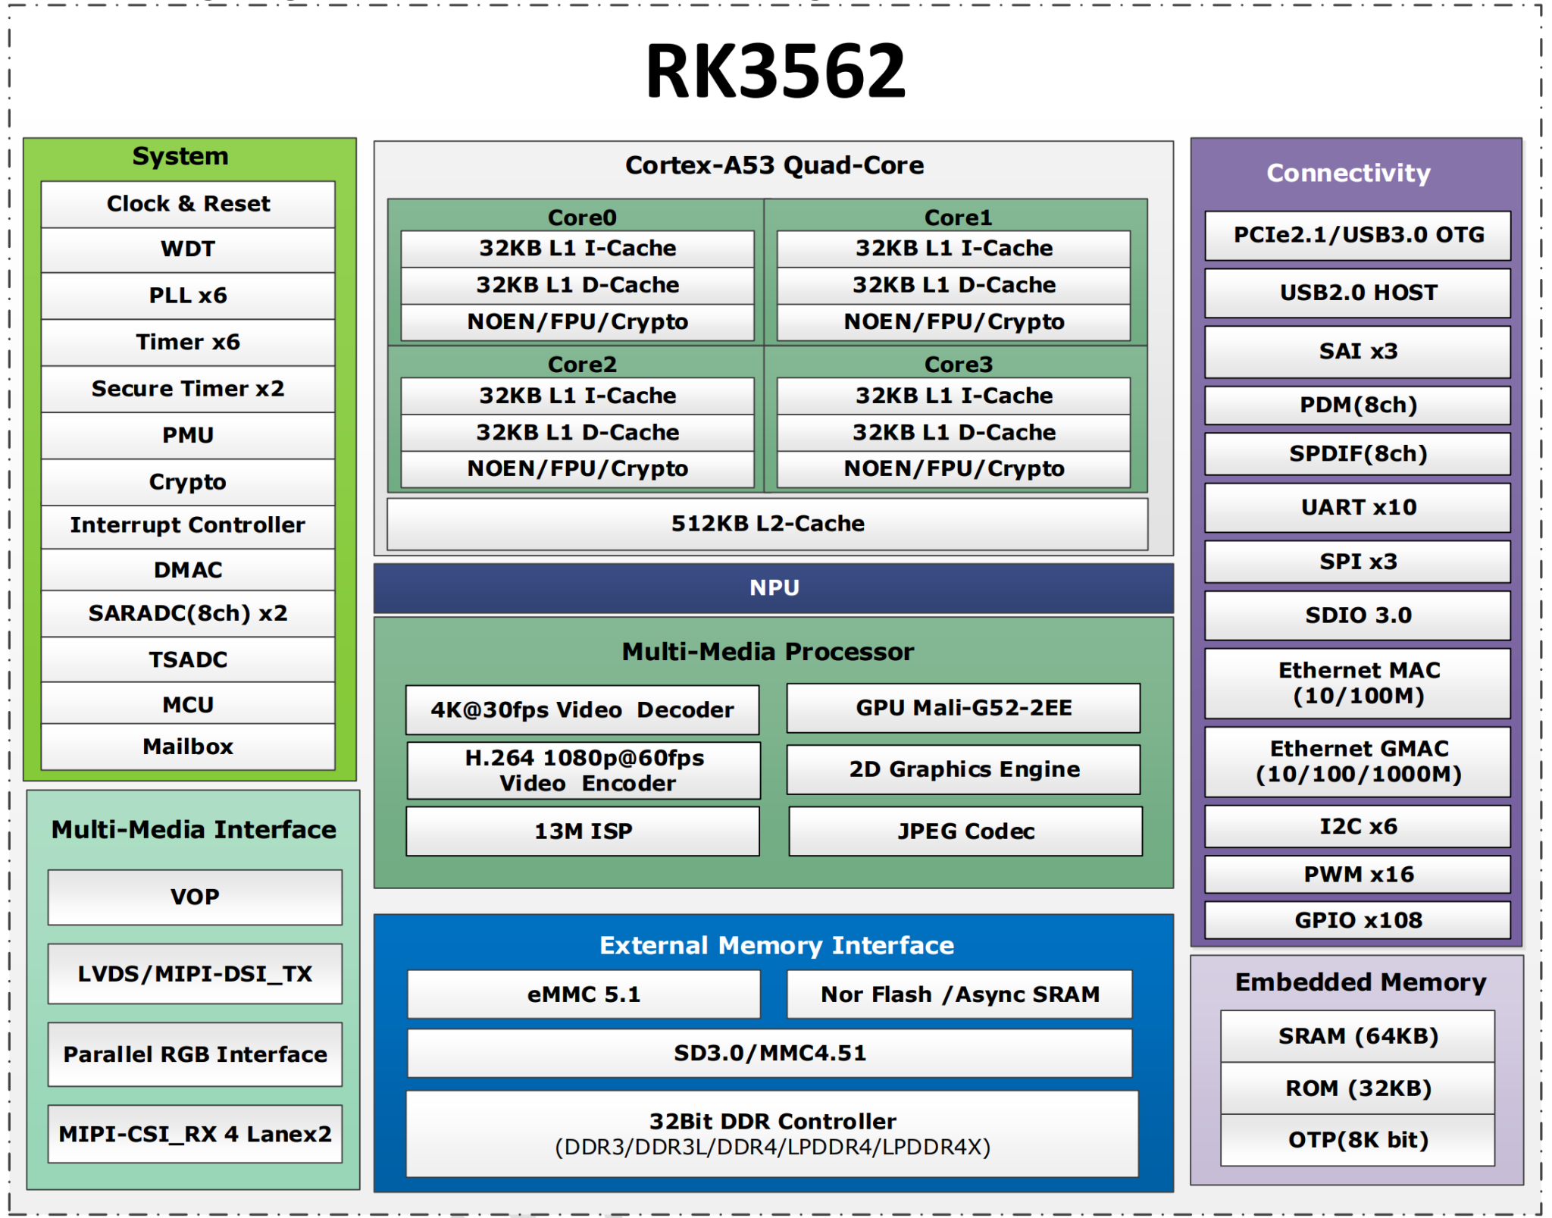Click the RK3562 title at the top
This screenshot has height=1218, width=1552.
click(774, 71)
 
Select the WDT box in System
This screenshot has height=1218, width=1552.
click(187, 249)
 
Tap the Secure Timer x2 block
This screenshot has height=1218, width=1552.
click(187, 389)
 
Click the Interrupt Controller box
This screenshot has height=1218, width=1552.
click(187, 525)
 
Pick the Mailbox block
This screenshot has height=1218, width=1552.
click(187, 747)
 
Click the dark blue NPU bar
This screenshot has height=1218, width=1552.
click(773, 587)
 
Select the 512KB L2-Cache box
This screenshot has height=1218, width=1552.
click(767, 524)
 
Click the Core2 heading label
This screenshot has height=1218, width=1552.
click(581, 365)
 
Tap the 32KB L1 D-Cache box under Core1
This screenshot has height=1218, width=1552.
click(953, 285)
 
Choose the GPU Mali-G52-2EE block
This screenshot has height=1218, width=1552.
click(963, 708)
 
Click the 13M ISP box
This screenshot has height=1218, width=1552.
click(583, 831)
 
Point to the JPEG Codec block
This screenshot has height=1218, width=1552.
click(965, 831)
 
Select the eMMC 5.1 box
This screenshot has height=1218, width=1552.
click(583, 994)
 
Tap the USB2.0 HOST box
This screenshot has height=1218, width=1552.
click(1357, 293)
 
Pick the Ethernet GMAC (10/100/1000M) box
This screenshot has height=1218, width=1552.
click(1357, 761)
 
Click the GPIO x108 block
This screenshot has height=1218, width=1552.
click(1357, 920)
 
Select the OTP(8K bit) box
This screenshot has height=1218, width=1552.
click(1357, 1140)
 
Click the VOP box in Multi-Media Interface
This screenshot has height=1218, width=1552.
click(195, 897)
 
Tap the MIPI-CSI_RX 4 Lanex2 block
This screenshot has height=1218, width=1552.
click(195, 1134)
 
